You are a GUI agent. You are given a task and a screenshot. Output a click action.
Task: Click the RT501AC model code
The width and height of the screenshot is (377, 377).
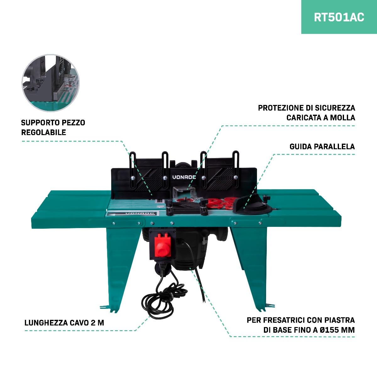tap(339, 17)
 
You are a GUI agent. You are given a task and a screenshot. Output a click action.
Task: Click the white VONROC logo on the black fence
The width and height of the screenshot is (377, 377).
tap(184, 177)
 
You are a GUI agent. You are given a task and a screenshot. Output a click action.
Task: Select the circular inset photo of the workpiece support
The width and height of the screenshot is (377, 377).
tap(51, 83)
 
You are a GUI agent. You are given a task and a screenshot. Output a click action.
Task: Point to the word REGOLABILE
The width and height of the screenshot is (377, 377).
tap(44, 133)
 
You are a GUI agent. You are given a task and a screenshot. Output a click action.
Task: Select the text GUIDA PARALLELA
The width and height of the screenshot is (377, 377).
tap(322, 146)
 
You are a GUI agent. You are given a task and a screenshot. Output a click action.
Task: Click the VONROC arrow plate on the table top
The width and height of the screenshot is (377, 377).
tap(131, 214)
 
